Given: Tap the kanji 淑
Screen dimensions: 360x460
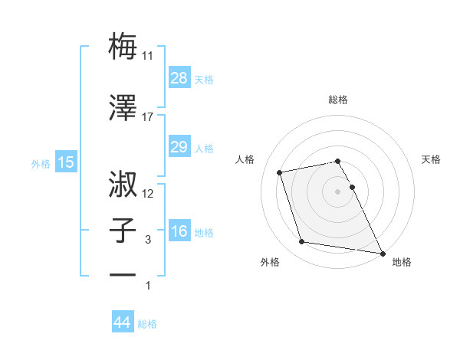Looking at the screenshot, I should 123,185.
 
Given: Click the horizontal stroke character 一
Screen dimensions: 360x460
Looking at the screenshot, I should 123,273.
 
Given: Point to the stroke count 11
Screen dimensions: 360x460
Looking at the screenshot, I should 148,55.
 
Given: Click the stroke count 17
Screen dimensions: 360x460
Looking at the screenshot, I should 148,117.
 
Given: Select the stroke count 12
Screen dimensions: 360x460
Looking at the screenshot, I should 148,194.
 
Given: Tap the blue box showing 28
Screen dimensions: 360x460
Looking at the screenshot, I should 179,77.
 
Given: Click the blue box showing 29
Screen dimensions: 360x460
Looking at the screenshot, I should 179,146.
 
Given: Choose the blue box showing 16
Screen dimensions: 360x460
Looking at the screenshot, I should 179,231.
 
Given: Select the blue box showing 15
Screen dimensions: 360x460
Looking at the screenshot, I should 65,162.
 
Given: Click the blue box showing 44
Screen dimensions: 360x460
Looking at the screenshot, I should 122,322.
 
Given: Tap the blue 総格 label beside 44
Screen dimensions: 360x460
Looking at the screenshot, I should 147,324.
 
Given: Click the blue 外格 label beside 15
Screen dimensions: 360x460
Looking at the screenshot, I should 41,163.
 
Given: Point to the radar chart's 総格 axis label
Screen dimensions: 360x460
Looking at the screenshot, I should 338,100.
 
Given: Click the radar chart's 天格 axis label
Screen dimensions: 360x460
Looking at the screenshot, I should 432,159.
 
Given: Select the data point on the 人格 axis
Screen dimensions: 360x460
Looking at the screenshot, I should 280,172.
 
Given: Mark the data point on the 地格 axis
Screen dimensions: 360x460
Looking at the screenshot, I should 383,252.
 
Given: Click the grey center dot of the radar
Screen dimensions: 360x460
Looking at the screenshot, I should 338,191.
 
